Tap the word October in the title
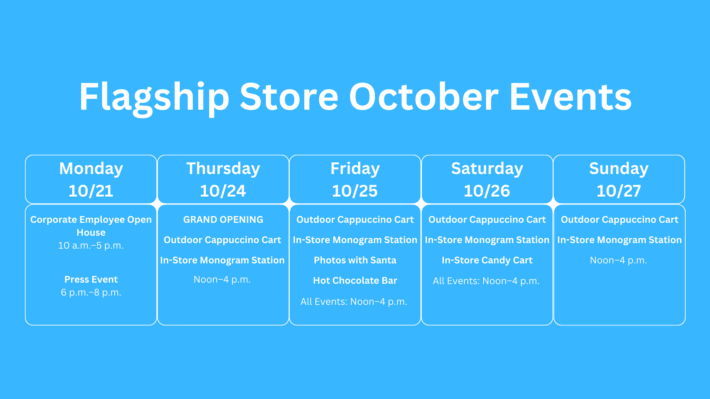pos(424,97)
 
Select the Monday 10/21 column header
pos(91,180)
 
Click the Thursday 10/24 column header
pos(223,180)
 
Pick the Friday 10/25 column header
pos(355,180)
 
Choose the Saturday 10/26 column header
pos(487,180)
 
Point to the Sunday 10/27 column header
pos(619,180)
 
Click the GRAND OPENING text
pos(223,219)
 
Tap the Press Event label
pos(91,279)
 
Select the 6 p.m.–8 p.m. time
pos(91,293)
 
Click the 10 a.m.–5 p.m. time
pos(91,246)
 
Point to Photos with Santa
pos(355,260)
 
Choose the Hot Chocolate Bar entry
pos(355,280)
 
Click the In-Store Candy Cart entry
pos(487,260)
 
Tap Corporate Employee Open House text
pos(91,226)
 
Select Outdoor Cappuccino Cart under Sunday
pos(619,220)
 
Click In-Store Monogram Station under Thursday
pos(222,260)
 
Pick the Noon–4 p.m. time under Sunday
pos(618,260)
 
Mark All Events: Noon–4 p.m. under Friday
pos(354,302)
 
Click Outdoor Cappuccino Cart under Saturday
pos(487,220)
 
